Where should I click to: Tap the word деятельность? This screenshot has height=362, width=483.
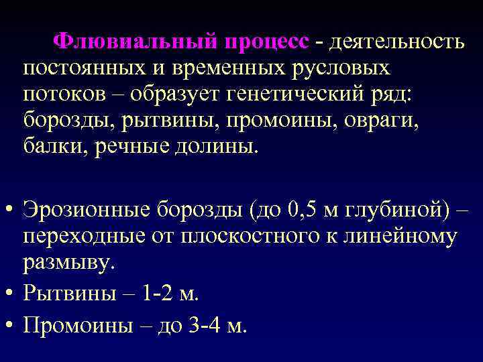tap(395, 42)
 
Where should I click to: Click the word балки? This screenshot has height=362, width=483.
tap(53, 146)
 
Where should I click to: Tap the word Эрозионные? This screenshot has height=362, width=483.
tap(87, 209)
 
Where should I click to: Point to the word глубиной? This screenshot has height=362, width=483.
tap(388, 210)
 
